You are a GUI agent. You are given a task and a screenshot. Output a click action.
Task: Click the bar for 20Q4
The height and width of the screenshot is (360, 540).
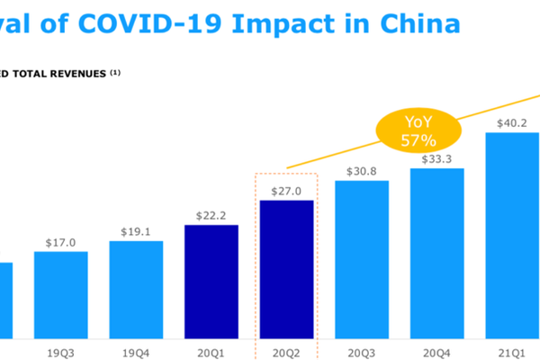[x=437, y=252]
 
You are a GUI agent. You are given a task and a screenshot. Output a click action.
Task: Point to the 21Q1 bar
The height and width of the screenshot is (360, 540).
[x=512, y=234]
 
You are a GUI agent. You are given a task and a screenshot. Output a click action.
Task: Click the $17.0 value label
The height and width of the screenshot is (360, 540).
[x=61, y=242]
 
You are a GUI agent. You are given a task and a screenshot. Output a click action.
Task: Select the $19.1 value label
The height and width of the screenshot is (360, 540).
[x=136, y=232]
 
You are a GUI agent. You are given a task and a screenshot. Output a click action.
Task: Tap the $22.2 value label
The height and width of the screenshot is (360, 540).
[x=211, y=216]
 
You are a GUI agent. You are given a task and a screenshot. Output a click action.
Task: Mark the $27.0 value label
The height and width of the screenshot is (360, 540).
[x=286, y=191]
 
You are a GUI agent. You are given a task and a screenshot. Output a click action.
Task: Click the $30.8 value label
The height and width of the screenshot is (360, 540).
[x=362, y=171]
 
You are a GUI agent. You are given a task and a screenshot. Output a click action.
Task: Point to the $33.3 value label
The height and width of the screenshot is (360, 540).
[x=437, y=159]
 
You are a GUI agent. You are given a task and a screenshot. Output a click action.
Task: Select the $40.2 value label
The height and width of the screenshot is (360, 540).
[x=512, y=123]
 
